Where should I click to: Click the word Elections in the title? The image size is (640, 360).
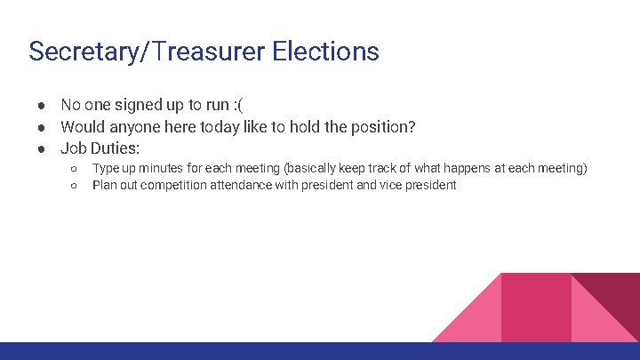(x=325, y=52)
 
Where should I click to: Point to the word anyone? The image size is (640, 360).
(x=132, y=127)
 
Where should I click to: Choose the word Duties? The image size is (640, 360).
(x=115, y=148)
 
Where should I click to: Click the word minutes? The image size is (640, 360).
(x=155, y=168)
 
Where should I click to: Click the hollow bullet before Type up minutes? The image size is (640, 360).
(x=75, y=168)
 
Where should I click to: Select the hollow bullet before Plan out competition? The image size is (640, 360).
(x=75, y=185)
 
